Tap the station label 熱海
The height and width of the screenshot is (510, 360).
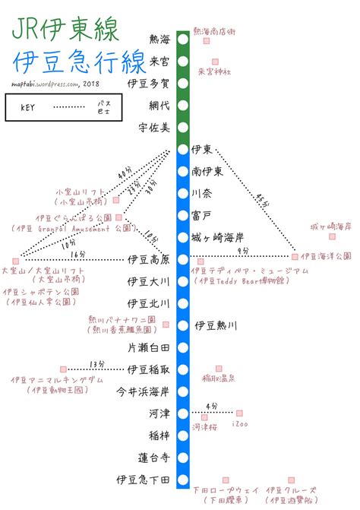pos(161,38)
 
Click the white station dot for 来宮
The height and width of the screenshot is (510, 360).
pos(183,60)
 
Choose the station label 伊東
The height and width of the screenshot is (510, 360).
pos(202,149)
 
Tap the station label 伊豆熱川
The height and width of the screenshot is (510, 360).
pos(216,325)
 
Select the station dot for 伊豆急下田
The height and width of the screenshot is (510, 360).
pos(183,480)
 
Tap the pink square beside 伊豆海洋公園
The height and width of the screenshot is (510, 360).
pos(295,257)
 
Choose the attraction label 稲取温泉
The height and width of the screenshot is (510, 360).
pos(218,377)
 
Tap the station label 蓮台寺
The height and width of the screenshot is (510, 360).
pos(154,458)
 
